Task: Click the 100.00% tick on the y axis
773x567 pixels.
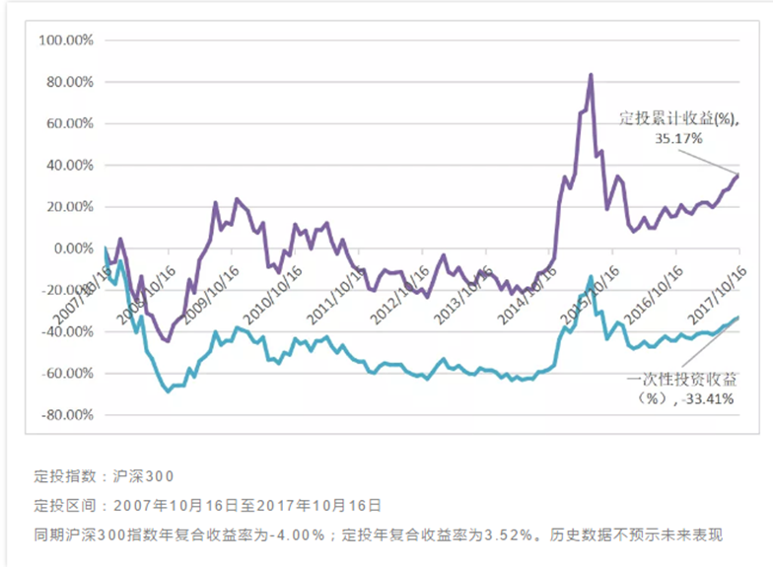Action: (64, 40)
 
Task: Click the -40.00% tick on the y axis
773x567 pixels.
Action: (64, 332)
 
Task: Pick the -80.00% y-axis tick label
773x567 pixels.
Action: (64, 415)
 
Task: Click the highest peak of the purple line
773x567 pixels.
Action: (590, 75)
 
